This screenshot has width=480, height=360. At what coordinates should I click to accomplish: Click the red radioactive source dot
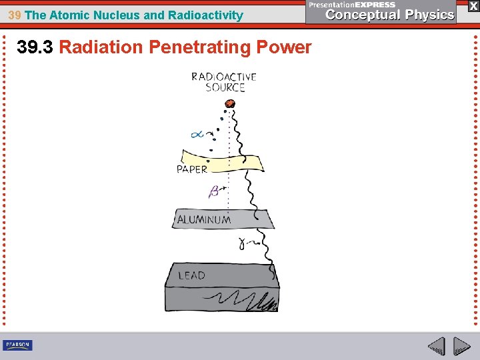tap(231, 103)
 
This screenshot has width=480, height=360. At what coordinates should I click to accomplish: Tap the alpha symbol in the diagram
tap(197, 135)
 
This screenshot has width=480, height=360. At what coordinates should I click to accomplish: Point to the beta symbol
tap(215, 192)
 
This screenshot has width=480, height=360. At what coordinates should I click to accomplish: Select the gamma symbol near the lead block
tap(243, 245)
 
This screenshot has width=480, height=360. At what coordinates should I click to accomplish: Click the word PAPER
tap(192, 169)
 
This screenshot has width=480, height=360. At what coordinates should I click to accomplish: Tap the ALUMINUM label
tap(204, 219)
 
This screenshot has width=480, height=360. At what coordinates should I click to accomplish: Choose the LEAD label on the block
tap(191, 275)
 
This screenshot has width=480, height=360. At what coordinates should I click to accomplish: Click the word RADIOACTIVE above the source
tap(224, 77)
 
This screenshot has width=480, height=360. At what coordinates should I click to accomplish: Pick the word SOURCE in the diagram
tap(225, 87)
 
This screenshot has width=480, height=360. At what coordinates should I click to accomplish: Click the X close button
tap(473, 5)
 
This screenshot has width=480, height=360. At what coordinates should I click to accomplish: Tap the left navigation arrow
tap(437, 346)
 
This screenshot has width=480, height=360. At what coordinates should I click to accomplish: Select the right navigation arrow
tap(461, 346)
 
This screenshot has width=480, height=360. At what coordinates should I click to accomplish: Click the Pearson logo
tap(17, 345)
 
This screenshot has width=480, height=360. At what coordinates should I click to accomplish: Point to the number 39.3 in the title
tap(36, 47)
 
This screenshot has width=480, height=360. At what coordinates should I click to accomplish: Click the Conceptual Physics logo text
tap(390, 15)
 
